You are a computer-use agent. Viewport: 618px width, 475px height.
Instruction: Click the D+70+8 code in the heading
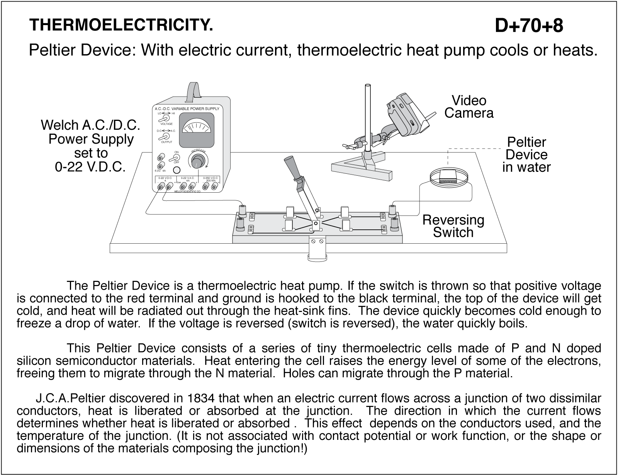pyautogui.click(x=529, y=26)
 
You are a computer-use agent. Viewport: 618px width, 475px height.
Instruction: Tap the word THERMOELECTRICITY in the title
pyautogui.click(x=121, y=25)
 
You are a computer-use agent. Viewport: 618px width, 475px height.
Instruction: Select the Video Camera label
pyautogui.click(x=469, y=107)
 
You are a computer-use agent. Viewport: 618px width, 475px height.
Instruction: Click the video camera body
pyautogui.click(x=405, y=115)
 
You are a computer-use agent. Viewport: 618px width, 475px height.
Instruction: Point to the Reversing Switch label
pyautogui.click(x=453, y=226)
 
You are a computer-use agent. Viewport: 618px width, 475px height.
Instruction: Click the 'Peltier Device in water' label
pyautogui.click(x=526, y=154)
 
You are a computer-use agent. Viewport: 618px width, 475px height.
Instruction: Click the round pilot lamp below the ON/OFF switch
pyautogui.click(x=177, y=170)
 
